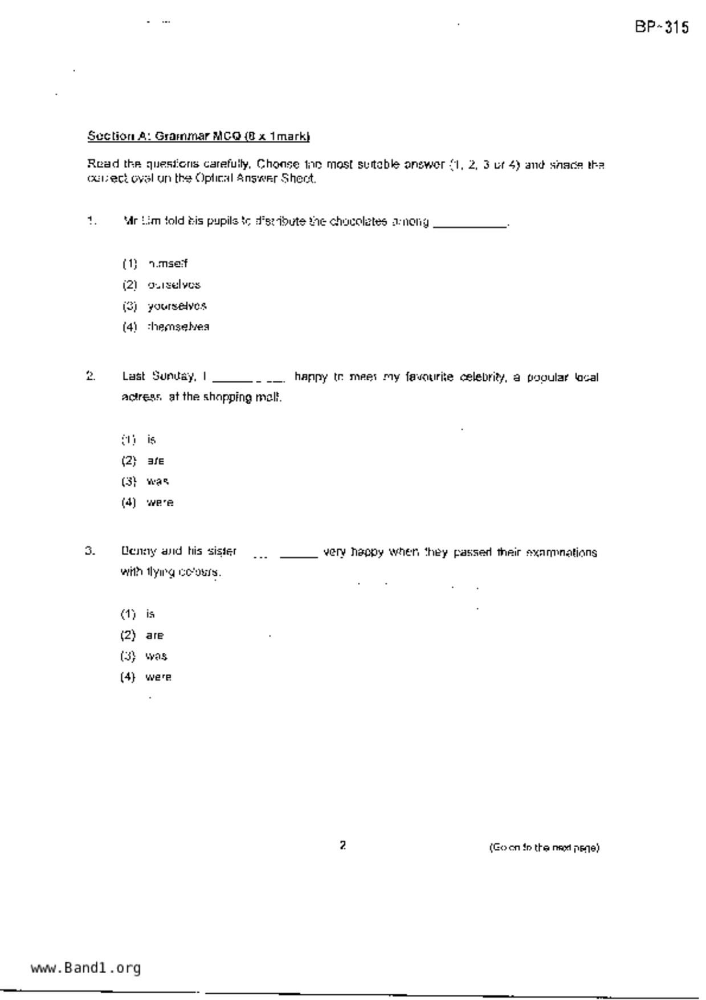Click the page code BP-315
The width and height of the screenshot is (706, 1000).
tap(662, 27)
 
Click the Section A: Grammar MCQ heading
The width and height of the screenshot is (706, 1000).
tap(198, 136)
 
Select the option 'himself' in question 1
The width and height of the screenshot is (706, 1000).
tap(168, 263)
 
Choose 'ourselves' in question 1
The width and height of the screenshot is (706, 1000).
tap(174, 284)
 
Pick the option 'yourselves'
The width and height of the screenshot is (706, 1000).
tap(177, 306)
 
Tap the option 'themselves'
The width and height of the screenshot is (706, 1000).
tap(178, 327)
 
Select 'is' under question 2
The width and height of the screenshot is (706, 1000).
tap(151, 440)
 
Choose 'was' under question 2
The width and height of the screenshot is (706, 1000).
tap(157, 481)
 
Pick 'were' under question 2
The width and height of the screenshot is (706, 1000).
tap(160, 502)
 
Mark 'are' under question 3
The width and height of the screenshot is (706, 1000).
tap(154, 635)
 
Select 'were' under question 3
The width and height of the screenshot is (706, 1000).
tap(158, 677)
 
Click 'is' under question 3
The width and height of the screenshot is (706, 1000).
tap(150, 614)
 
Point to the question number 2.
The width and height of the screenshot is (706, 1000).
tap(91, 376)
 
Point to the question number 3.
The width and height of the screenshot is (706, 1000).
tap(90, 551)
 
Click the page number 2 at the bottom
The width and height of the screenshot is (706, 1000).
tap(342, 845)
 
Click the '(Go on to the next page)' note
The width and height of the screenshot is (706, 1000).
tap(544, 848)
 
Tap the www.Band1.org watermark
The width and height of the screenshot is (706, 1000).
tap(85, 968)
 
